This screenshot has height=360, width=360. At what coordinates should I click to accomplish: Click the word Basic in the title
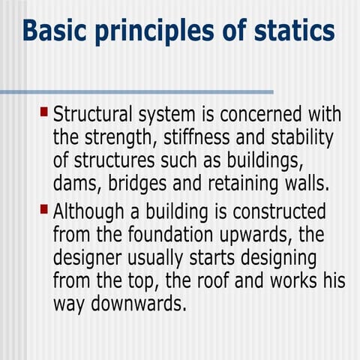pyautogui.click(x=53, y=31)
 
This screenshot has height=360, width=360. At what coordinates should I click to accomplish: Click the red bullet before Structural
pyautogui.click(x=43, y=112)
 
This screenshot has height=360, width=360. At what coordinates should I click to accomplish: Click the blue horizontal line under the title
pyautogui.click(x=135, y=92)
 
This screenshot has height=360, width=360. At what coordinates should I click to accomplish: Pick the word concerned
pyautogui.click(x=268, y=115)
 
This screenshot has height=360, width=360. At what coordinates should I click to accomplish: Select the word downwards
pyautogui.click(x=139, y=304)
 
